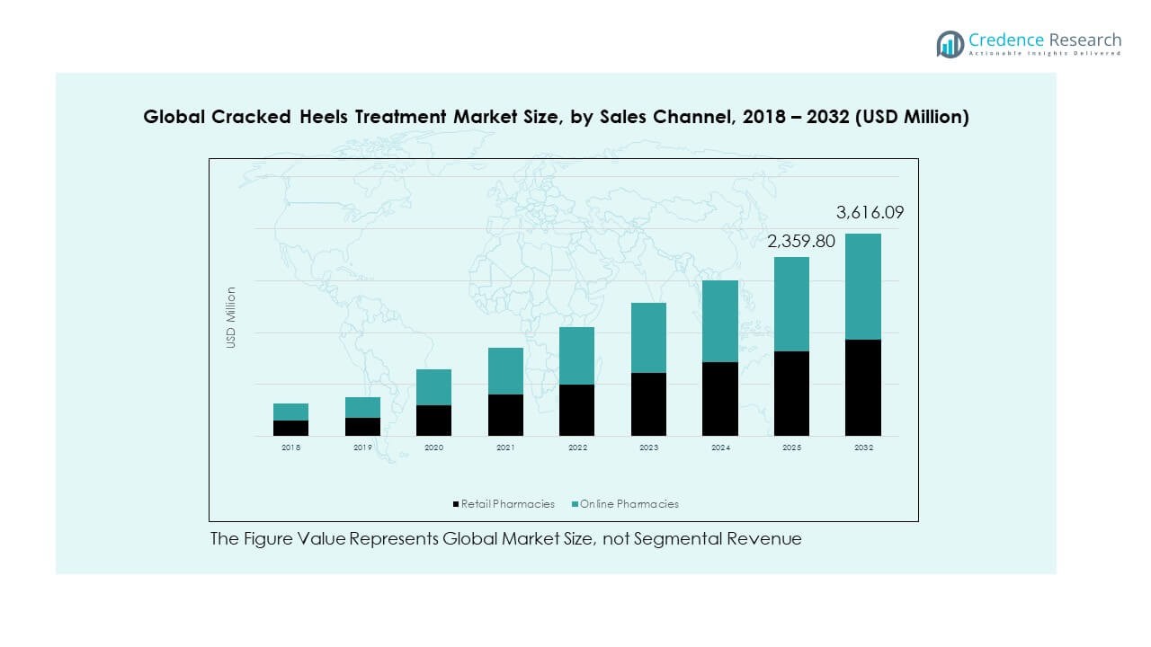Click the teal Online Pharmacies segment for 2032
click(x=862, y=287)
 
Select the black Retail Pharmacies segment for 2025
click(x=791, y=394)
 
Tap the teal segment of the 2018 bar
click(x=290, y=412)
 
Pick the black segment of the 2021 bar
click(x=505, y=415)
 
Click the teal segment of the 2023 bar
click(x=648, y=338)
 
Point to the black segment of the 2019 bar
click(x=362, y=427)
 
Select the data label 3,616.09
click(x=870, y=213)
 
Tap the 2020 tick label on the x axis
click(x=433, y=448)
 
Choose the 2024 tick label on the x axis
click(x=720, y=448)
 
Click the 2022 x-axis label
click(x=576, y=448)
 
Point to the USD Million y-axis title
click(x=231, y=317)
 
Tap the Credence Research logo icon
click(x=950, y=43)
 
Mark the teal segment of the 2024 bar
click(x=720, y=321)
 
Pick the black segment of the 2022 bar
click(x=576, y=410)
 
